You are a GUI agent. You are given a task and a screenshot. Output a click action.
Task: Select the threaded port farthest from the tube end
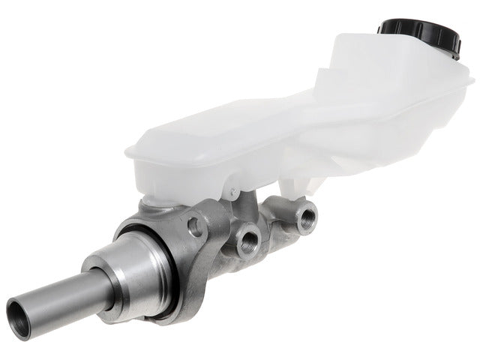(x=307, y=217)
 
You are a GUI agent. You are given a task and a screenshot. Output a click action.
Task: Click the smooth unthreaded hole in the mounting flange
(x=196, y=224)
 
